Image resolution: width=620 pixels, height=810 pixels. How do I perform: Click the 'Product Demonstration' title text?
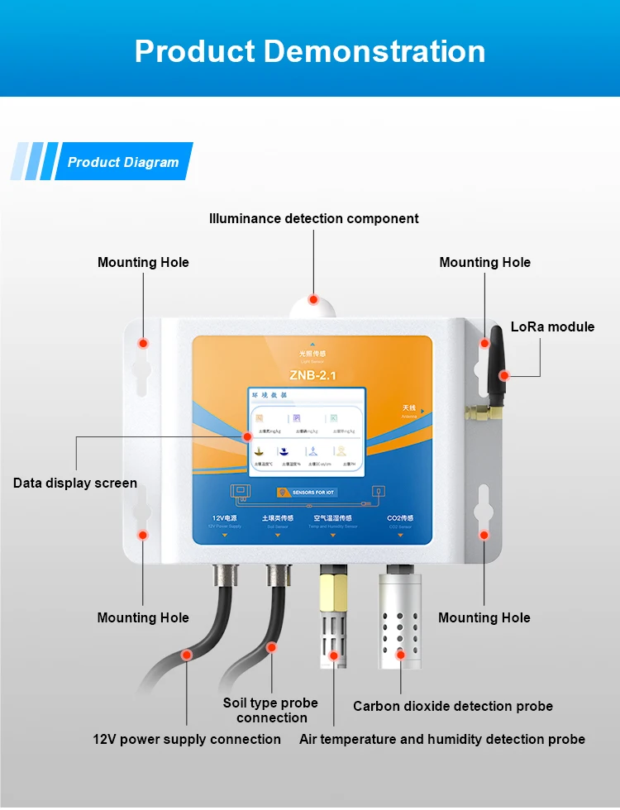[310, 51]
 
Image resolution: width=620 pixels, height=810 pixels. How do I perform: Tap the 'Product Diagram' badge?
[123, 162]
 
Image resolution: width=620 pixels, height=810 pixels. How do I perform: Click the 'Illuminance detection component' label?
[313, 219]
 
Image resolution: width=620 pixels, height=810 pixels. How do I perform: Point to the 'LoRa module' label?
[552, 326]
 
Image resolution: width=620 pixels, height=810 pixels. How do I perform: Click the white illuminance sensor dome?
[313, 307]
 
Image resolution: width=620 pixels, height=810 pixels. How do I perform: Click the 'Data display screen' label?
[75, 483]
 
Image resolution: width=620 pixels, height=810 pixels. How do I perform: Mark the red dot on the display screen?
[246, 436]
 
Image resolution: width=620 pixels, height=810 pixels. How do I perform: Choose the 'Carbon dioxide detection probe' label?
[453, 706]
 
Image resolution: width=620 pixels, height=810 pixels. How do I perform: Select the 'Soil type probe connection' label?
[270, 710]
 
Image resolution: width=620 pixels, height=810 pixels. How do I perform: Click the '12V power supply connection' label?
[187, 739]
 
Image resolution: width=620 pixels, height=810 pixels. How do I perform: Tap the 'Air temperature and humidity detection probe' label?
[442, 739]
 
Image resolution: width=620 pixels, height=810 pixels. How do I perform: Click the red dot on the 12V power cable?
[187, 654]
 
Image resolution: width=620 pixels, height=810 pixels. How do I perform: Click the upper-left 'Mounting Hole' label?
[143, 262]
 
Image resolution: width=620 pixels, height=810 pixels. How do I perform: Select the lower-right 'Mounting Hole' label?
[484, 617]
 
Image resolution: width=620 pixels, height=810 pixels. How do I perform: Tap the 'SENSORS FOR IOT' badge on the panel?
[319, 493]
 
